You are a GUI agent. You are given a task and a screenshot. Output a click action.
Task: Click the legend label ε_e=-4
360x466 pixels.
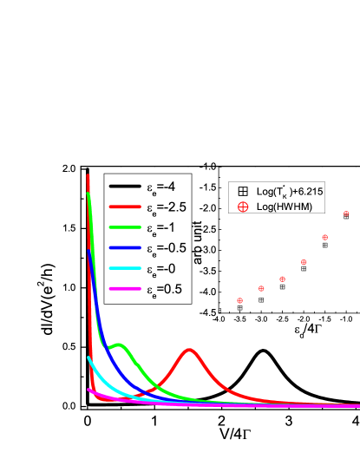tap(165, 187)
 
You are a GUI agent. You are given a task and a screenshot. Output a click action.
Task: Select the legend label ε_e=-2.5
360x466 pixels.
tap(167, 207)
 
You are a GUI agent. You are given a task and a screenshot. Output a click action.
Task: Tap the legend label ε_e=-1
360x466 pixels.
tap(163, 227)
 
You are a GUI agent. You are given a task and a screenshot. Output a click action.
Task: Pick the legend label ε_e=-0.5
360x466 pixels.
tap(167, 248)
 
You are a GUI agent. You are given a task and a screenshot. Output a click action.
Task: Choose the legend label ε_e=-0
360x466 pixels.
tap(163, 268)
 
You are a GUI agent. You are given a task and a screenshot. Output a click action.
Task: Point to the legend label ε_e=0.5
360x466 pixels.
tap(166, 289)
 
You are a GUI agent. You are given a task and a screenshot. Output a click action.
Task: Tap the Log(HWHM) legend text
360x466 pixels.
tap(284, 207)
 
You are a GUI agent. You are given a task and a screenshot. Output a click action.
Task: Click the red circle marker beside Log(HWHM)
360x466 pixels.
tap(243, 207)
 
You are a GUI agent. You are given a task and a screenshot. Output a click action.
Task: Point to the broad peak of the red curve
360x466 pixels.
tap(190, 351)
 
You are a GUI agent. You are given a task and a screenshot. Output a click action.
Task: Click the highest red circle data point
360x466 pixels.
tap(346, 213)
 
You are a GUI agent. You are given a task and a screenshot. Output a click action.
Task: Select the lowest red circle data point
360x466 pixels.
tap(240, 300)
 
